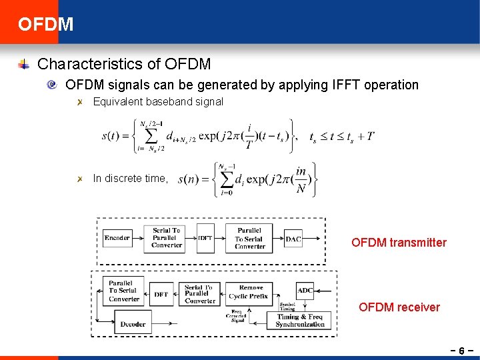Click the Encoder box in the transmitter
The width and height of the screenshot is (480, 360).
(x=117, y=238)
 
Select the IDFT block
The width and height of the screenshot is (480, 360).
(x=205, y=238)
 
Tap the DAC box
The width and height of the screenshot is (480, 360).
(x=293, y=239)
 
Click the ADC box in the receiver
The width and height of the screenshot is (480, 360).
(x=305, y=290)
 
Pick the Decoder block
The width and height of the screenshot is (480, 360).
(x=133, y=325)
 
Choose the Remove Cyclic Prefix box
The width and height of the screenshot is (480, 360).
(x=249, y=292)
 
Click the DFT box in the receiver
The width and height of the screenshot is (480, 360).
(x=161, y=294)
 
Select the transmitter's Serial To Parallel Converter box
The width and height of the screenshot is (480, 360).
(x=167, y=238)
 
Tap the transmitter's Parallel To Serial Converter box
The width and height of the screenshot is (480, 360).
(x=249, y=238)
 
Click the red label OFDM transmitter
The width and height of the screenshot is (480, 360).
(x=399, y=243)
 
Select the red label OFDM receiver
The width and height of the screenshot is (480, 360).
(x=399, y=307)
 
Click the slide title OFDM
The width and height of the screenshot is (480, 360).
(x=46, y=25)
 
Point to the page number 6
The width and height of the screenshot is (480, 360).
(x=461, y=349)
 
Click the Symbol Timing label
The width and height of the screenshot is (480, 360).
(x=288, y=307)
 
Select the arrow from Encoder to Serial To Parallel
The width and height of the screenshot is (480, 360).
(x=138, y=238)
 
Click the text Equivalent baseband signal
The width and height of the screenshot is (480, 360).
(x=158, y=102)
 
